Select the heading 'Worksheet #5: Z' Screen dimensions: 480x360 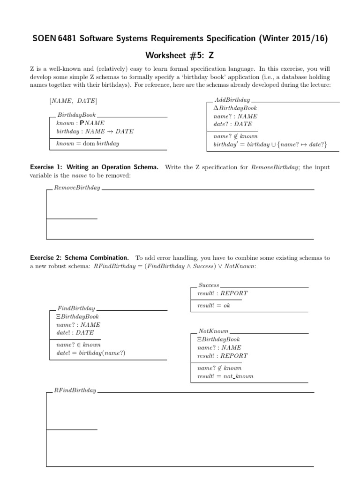pos(180,55)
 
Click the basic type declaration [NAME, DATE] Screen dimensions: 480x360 pos(73,101)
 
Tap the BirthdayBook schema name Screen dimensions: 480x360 pos(76,115)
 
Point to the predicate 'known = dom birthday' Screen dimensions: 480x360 pos(87,143)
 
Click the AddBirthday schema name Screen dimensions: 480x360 pos(232,100)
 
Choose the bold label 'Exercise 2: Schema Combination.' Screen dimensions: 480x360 pos(79,258)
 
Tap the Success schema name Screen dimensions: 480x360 pos(209,285)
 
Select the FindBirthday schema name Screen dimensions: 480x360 pos(76,308)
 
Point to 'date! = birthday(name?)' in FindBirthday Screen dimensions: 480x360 pos(90,353)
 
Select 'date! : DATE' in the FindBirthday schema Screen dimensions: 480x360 pos(75,332)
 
